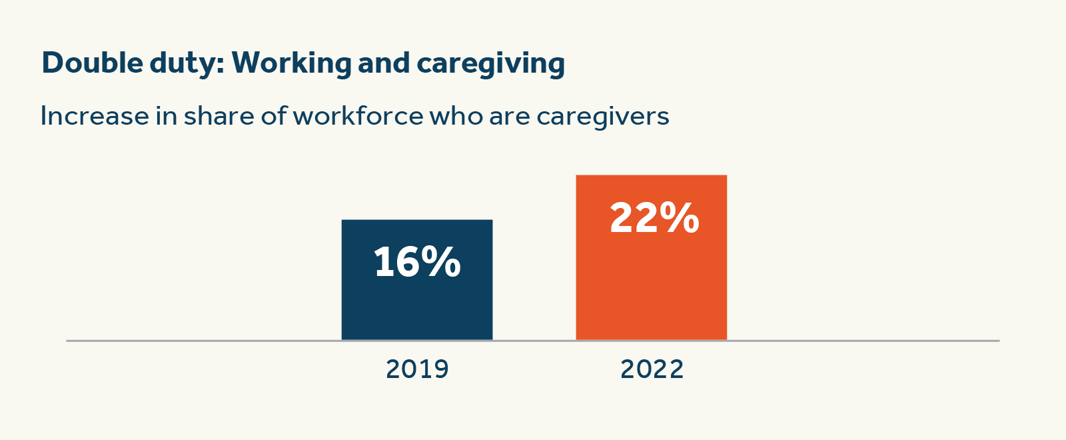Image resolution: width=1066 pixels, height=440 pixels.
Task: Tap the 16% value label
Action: coord(417,261)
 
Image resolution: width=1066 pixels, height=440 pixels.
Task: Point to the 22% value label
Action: coord(654,217)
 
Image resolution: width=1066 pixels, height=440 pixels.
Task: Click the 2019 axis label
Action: coord(417,369)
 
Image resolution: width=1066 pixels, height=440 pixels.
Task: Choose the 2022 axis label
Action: coord(652,369)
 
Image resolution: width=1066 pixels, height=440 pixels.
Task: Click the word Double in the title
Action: coord(93,63)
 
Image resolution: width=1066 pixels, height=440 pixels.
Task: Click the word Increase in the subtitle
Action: coord(95,116)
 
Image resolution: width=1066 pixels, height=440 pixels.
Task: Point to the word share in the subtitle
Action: coord(219,116)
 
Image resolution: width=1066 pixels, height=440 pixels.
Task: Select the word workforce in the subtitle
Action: coord(358,116)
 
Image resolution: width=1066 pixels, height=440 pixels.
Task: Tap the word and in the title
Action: coord(384,63)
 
